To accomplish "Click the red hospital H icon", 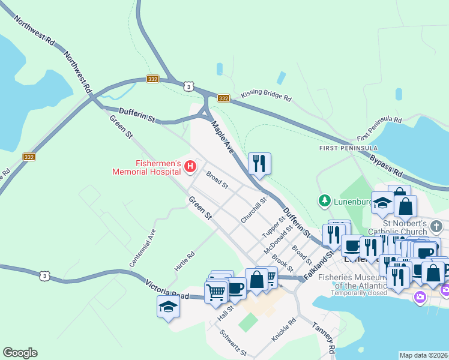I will pos(191,166).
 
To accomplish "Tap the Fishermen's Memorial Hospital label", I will pos(146,166).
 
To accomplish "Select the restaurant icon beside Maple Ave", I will pos(259,164).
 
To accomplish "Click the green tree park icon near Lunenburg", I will pos(325,200).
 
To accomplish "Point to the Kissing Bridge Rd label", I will pos(266,96).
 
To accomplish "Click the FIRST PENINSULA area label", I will pos(348,148).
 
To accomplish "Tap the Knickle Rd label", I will pos(284,330).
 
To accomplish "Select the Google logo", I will pos(20,353).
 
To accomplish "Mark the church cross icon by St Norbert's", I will pos(436,226).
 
